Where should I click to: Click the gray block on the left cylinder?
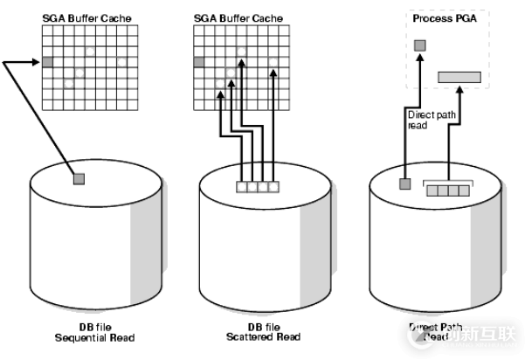(x=79, y=179)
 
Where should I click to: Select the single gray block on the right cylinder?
(x=404, y=184)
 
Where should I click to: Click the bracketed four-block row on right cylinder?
(x=446, y=190)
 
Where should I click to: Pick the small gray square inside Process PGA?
(x=419, y=44)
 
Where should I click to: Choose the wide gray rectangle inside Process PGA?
(x=459, y=77)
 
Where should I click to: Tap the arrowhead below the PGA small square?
(x=419, y=55)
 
